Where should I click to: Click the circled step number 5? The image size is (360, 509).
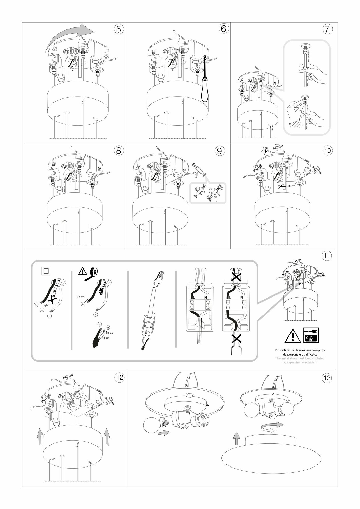point(118,29)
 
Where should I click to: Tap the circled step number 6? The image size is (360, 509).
point(223,29)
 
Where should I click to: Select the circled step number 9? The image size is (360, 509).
point(219,151)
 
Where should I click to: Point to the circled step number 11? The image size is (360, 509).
point(327,255)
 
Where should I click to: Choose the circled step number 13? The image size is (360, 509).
point(327,378)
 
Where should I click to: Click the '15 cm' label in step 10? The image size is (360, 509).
point(265,148)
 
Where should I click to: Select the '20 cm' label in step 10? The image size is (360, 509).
point(291,186)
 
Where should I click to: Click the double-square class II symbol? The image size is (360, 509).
point(46,271)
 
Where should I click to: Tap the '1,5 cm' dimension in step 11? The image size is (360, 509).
point(106,338)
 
